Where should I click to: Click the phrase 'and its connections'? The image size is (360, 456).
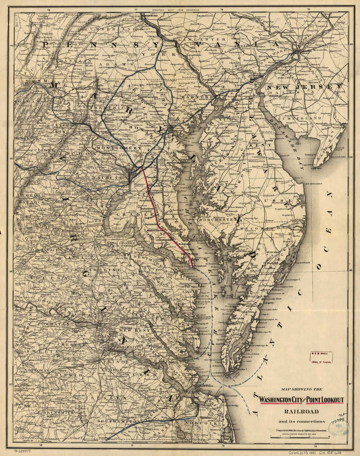(x=301, y=421)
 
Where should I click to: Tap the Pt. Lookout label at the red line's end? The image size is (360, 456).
(x=199, y=266)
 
